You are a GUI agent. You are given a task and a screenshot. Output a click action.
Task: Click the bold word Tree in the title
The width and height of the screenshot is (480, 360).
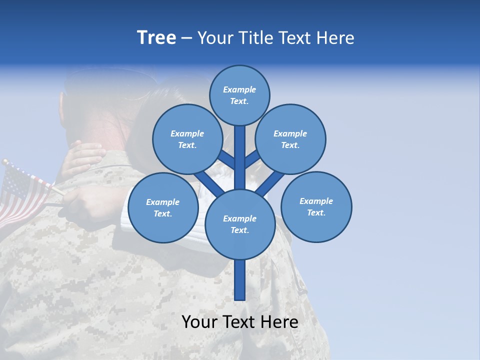[156, 37]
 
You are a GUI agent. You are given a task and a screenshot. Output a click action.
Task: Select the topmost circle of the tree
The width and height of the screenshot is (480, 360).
[239, 95]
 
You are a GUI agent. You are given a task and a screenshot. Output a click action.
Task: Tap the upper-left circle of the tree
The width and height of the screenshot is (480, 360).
[187, 139]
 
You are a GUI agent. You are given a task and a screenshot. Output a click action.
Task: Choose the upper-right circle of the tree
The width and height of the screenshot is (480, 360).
[290, 139]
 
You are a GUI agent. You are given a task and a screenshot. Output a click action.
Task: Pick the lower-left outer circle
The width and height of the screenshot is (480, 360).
[163, 207]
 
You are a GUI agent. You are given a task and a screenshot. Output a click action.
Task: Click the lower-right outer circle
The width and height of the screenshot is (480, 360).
[316, 206]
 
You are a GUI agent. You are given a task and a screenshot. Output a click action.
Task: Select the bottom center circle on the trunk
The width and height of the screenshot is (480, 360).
[240, 224]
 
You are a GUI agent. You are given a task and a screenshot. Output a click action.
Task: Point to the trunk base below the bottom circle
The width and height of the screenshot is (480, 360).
[240, 280]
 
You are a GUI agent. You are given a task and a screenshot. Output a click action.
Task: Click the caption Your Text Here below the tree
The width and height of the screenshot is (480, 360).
[240, 322]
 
